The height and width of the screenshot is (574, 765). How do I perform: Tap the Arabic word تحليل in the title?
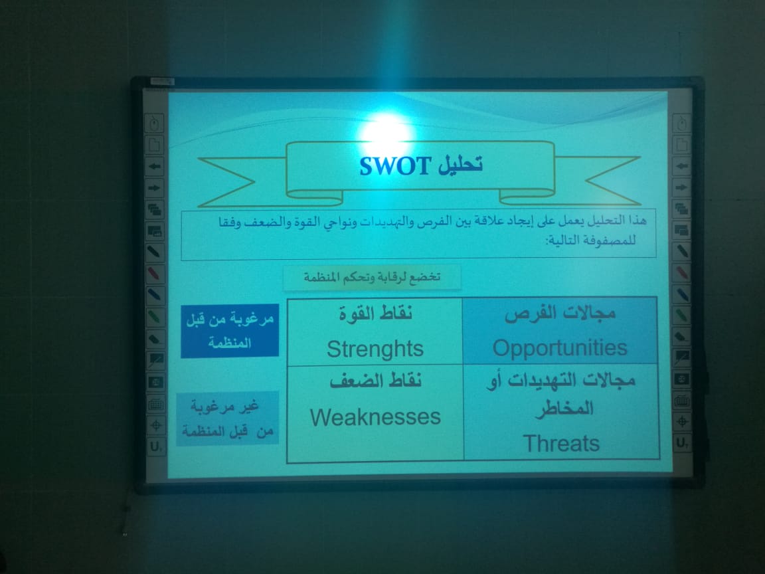[460, 165]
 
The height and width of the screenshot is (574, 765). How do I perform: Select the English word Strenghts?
[375, 349]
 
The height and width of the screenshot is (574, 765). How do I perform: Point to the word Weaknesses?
[375, 417]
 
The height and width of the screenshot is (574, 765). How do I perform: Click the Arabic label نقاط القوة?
[376, 313]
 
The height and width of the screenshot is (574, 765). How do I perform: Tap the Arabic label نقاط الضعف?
[375, 380]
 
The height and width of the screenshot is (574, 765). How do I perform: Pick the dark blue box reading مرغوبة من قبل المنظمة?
[230, 331]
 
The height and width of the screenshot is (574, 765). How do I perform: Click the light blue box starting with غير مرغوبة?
[227, 419]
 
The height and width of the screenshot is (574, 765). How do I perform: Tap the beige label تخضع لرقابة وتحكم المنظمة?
[372, 277]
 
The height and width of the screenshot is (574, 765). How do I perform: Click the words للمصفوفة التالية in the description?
[590, 240]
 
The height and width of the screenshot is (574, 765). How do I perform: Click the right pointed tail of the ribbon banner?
[612, 181]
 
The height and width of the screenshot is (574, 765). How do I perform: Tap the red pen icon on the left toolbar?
[153, 273]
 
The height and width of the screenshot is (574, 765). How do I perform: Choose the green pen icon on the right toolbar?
[682, 316]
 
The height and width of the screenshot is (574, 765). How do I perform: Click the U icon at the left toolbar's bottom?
[155, 446]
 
